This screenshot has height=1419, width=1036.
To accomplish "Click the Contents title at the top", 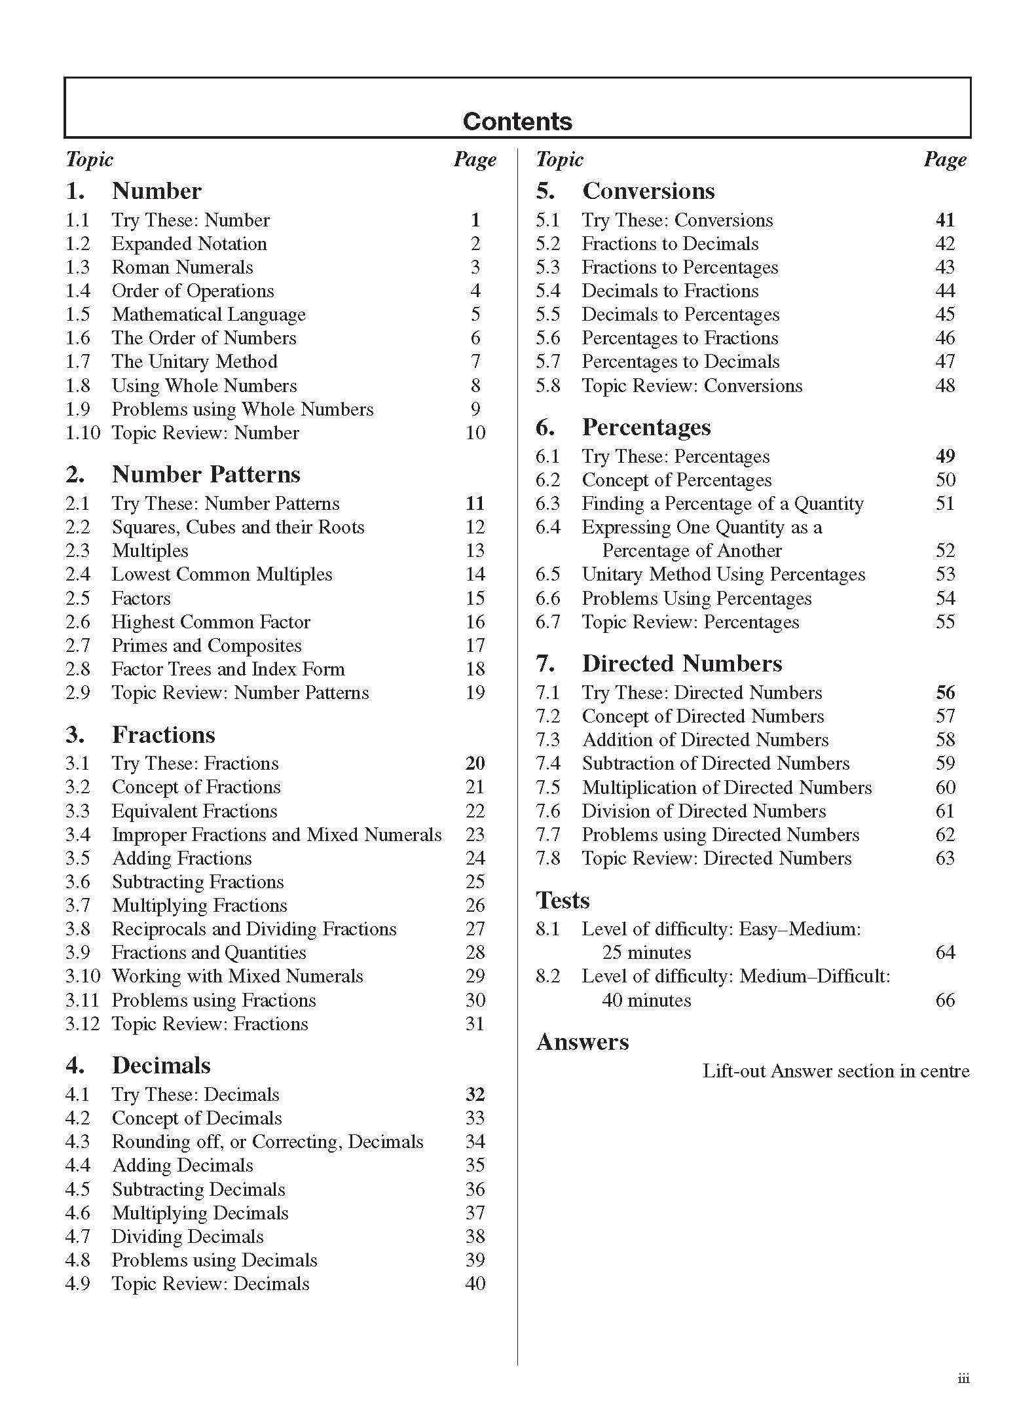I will [x=517, y=121].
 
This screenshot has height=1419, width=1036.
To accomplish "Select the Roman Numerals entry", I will [x=182, y=267].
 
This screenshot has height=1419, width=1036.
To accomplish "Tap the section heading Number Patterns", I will [x=206, y=474].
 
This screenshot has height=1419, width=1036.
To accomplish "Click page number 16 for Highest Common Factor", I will [x=475, y=622].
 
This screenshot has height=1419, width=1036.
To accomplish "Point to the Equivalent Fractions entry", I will [x=194, y=811].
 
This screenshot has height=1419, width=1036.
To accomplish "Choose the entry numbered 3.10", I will [x=83, y=976].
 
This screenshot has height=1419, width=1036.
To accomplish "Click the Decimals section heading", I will [x=161, y=1065].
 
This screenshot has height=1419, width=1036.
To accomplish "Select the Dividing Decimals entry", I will [x=187, y=1236].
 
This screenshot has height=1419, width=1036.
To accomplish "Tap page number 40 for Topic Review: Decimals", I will [x=475, y=1284].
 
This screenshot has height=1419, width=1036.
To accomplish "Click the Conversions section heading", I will [x=648, y=190].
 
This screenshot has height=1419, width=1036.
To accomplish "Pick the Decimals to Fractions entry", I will [x=670, y=291].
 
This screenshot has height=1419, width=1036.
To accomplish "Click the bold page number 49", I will [x=945, y=456].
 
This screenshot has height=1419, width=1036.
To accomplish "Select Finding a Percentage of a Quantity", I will [x=722, y=503].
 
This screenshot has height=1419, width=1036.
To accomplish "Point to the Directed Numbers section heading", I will [x=682, y=663].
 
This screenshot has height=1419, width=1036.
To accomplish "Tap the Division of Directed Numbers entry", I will [x=703, y=811].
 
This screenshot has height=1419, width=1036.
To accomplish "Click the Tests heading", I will [x=563, y=900].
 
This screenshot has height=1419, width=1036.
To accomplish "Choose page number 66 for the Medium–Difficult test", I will [x=945, y=1000].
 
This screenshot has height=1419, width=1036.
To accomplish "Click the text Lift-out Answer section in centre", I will [x=836, y=1071].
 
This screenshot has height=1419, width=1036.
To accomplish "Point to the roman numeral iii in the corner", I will [x=963, y=1378].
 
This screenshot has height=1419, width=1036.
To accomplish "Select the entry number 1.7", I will [x=77, y=361].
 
